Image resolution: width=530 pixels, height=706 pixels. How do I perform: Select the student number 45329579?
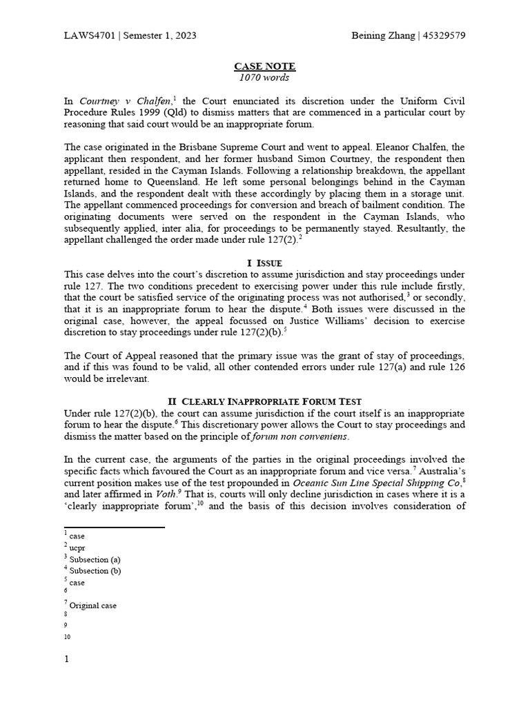(442, 35)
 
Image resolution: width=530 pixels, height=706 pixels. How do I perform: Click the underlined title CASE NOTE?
(265, 66)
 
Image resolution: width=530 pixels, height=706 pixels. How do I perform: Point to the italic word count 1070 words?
(265, 77)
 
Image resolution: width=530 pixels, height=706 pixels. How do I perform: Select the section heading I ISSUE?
(265, 263)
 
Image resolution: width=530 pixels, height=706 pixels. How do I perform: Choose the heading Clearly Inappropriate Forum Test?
(271, 401)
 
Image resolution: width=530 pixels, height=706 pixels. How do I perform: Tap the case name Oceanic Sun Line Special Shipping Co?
(375, 482)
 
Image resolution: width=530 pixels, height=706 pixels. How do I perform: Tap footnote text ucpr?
(77, 547)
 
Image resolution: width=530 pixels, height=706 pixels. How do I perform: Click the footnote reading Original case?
(93, 606)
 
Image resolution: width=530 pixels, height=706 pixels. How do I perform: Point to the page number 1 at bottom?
(67, 659)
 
